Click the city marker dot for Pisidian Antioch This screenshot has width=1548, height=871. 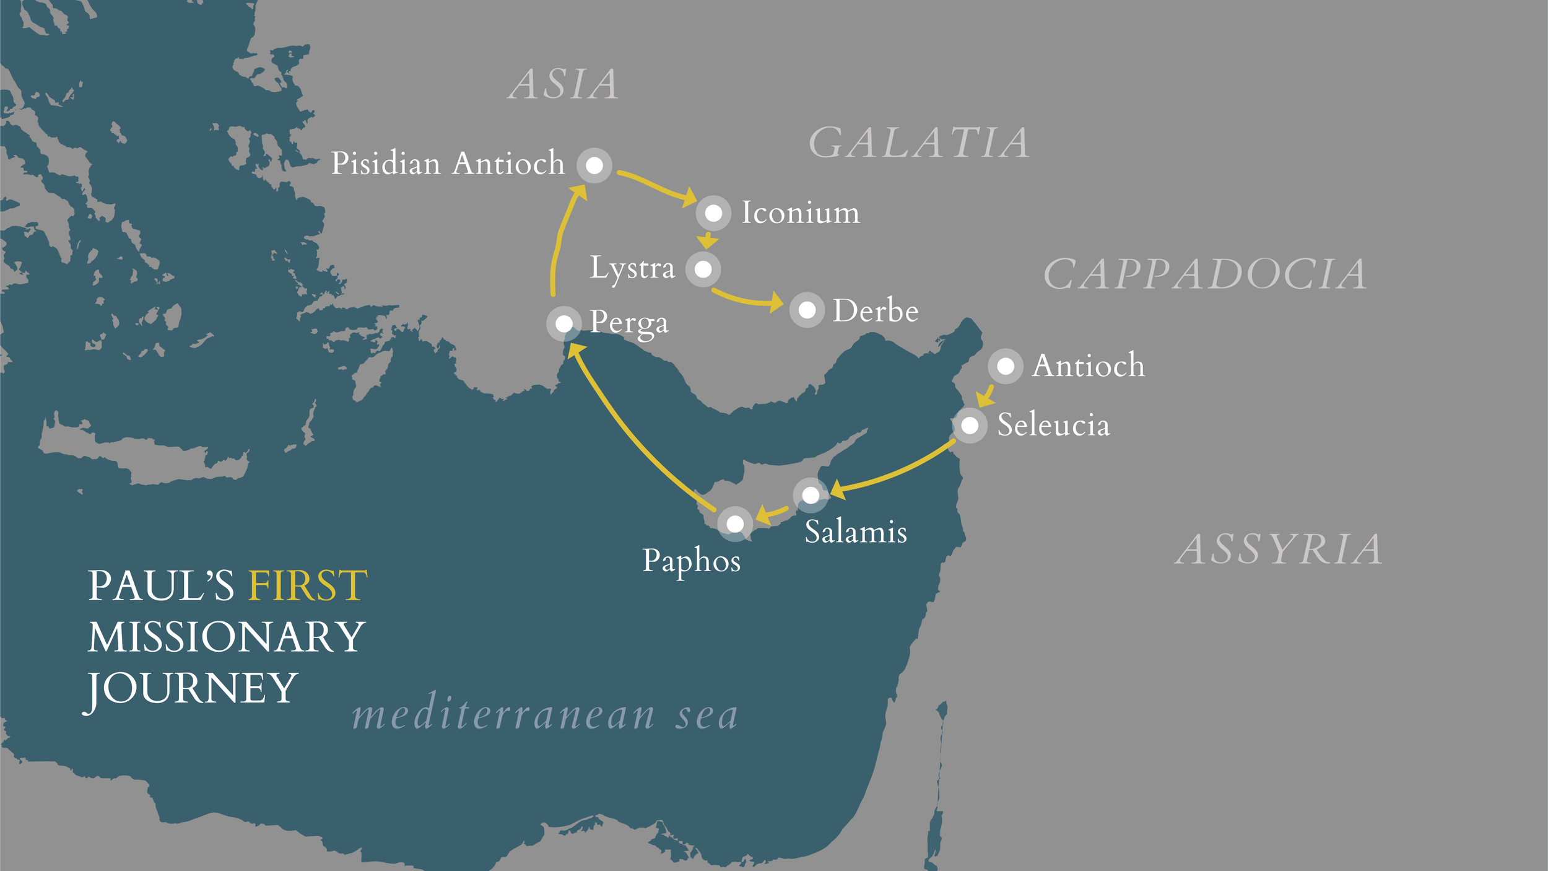(594, 165)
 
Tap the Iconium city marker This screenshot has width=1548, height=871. (713, 213)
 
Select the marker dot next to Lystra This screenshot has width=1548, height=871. (703, 269)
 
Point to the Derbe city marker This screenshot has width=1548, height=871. (807, 310)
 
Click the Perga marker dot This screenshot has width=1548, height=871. (563, 323)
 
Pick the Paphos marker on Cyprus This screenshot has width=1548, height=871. (735, 523)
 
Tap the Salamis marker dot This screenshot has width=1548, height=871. (811, 494)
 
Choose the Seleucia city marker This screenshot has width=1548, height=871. (970, 426)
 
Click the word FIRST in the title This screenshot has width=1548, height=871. (307, 585)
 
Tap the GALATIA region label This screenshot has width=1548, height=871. (919, 143)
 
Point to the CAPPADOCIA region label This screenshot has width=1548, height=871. (1205, 274)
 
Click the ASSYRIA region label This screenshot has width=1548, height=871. (1279, 549)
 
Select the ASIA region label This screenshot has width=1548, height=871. (563, 84)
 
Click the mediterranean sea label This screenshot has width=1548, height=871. (545, 716)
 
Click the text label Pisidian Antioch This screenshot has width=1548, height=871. (448, 164)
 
